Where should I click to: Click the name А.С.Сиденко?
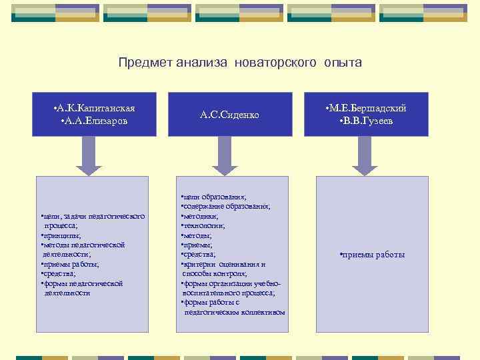(x=229, y=115)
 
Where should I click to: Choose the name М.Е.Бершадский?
(x=366, y=109)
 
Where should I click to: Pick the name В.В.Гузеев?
(x=366, y=121)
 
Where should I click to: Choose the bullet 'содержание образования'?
(x=227, y=207)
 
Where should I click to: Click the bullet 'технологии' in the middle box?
(x=203, y=226)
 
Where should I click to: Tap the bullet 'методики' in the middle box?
(x=201, y=217)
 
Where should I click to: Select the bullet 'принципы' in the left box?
(x=61, y=235)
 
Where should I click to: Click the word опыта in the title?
(x=343, y=63)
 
